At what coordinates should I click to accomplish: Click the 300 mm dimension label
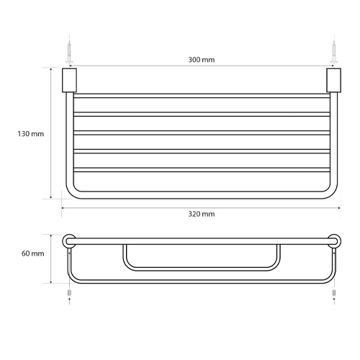[202, 60]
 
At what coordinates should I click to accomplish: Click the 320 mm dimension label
[202, 214]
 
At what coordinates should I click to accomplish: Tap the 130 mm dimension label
[31, 134]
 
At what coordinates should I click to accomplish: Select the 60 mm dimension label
[33, 253]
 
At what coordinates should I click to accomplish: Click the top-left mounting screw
[69, 53]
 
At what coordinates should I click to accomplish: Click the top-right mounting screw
[334, 53]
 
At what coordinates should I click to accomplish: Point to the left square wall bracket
[69, 81]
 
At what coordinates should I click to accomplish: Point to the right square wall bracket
[334, 81]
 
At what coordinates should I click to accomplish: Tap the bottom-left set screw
[70, 293]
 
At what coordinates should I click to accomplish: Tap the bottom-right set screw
[334, 293]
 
